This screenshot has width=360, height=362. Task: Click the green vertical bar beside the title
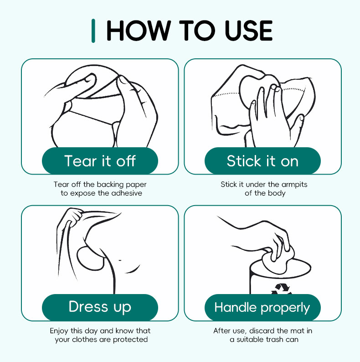click(x=93, y=31)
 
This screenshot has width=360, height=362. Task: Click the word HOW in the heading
click(x=139, y=31)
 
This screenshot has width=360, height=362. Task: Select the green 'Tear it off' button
click(x=100, y=160)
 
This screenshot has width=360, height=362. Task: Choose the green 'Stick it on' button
click(x=262, y=160)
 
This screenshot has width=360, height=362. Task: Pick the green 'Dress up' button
click(x=100, y=307)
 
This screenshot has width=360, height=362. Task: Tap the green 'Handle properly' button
click(x=262, y=307)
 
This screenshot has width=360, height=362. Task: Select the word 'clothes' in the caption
click(x=84, y=339)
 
